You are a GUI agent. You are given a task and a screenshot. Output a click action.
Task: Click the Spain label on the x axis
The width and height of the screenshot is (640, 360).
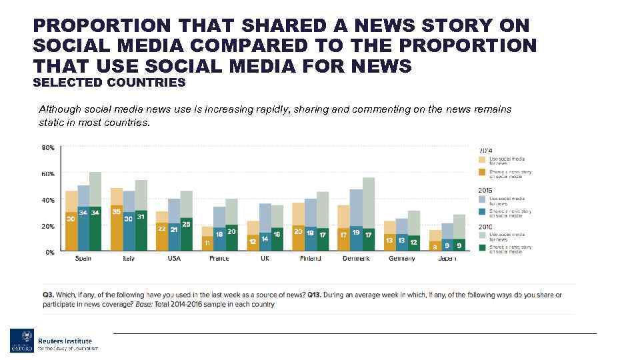[83, 258]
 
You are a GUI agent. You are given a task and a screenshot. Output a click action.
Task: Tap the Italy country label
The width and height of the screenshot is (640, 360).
[129, 258]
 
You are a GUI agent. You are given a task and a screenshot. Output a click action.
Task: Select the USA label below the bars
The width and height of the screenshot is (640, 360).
[174, 258]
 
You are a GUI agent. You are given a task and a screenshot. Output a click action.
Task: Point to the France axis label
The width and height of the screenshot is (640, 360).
[219, 258]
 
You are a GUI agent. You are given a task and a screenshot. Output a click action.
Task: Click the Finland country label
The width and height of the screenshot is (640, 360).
[310, 258]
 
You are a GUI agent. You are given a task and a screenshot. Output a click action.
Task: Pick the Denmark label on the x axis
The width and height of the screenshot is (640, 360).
[356, 258]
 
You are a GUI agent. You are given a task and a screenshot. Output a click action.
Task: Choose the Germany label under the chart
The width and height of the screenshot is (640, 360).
[401, 258]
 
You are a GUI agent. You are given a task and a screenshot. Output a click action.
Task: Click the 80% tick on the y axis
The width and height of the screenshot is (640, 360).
[49, 148]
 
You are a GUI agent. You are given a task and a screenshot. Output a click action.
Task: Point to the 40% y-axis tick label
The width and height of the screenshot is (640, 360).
[49, 200]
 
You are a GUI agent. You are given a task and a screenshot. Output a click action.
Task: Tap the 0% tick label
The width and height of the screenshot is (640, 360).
[50, 252]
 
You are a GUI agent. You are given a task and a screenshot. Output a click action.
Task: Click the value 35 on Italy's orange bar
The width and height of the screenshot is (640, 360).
[117, 211]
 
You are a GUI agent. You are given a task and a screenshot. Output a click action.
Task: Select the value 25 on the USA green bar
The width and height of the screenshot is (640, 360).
[186, 223]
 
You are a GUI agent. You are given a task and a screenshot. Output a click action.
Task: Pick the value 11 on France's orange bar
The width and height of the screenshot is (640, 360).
[207, 242]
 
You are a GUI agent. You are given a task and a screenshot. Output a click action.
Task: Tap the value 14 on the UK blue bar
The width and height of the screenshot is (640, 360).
[265, 238]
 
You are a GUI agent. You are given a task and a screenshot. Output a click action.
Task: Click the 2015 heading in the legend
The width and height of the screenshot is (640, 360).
[485, 191]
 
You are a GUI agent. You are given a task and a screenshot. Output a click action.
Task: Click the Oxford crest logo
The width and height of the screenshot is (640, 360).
[21, 341]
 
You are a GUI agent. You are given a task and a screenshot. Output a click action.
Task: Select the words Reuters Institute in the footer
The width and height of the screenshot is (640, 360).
[65, 341]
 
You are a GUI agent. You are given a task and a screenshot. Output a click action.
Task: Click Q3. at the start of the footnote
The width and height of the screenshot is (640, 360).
[48, 295]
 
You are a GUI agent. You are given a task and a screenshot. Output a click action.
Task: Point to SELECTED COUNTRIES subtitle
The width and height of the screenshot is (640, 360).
[109, 83]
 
